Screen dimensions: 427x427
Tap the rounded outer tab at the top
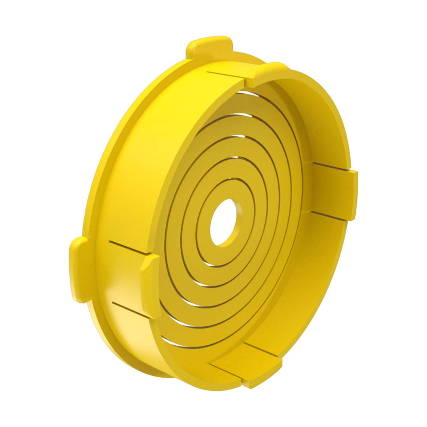209,47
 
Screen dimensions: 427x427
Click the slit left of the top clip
223,75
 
